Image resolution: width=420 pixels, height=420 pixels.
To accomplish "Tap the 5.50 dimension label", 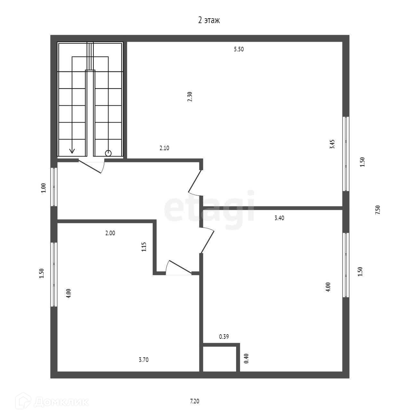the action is click(239, 49).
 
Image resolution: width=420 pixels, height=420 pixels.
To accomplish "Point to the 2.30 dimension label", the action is click(190, 97).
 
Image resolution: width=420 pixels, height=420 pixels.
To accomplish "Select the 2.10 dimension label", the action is click(164, 148).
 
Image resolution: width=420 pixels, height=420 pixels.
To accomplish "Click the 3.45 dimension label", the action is click(332, 144).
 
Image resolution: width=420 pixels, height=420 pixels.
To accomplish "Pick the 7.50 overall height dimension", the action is click(378, 210).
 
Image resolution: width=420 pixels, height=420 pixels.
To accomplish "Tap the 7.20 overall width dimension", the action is click(194, 401).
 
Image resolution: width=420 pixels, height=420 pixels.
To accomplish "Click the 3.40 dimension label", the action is click(279, 218).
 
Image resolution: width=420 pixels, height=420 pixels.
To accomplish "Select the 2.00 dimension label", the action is click(110, 233).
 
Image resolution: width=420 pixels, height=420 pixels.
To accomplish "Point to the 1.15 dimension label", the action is click(144, 247).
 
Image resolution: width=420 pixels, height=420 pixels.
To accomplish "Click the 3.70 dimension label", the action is click(144, 360).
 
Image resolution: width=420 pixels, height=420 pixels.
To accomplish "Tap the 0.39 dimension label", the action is click(224, 337).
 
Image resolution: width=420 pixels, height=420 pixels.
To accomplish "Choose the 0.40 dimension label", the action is click(246, 358).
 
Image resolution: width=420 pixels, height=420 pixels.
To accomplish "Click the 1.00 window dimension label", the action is click(44, 188).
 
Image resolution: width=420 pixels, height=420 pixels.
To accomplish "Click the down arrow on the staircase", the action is click(72, 151).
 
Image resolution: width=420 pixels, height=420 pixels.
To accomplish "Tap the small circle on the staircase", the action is click(108, 153).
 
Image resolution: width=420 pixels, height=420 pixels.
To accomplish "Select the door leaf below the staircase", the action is click(90, 167).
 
